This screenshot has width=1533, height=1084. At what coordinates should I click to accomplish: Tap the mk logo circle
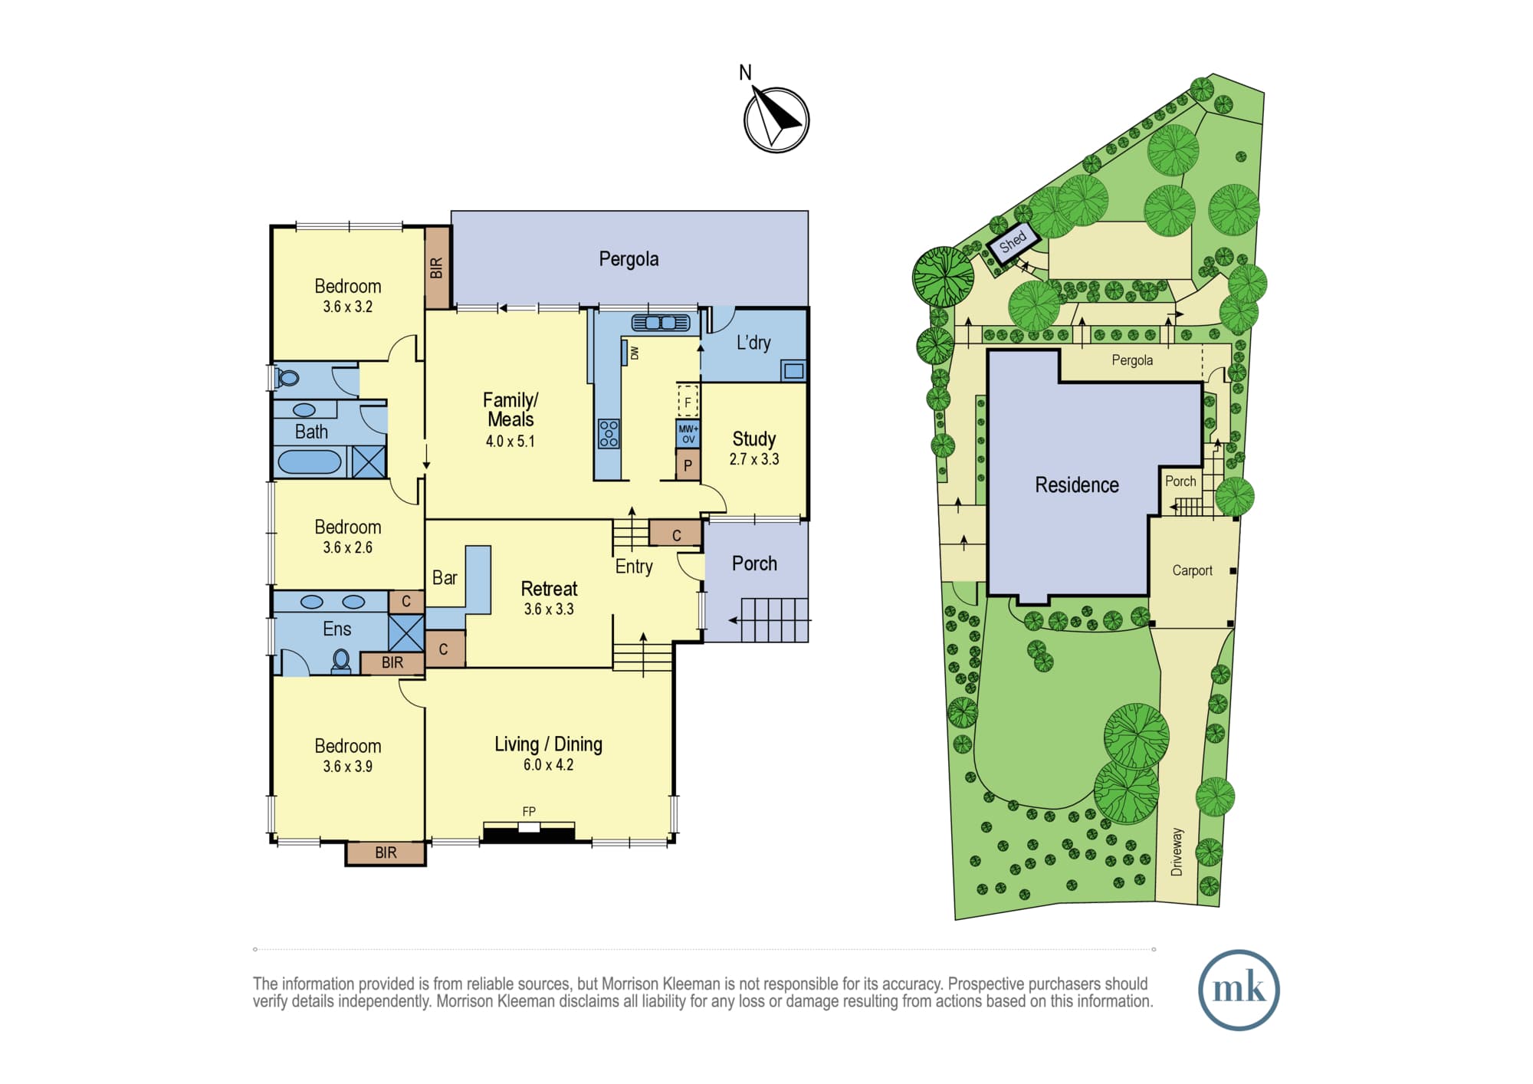point(1239,990)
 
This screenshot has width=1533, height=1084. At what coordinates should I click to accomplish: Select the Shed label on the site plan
point(1013,241)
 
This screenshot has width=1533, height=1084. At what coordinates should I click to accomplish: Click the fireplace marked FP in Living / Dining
point(529,831)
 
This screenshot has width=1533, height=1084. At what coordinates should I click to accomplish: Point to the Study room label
point(754,439)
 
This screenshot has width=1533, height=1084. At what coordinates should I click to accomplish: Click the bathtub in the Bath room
point(310,462)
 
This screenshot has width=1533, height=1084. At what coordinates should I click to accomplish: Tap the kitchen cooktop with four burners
point(609,433)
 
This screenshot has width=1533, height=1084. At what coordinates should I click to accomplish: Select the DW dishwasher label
point(635,353)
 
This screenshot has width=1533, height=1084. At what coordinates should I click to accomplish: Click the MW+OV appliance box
point(688,434)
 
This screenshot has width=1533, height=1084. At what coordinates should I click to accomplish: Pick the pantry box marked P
point(688,465)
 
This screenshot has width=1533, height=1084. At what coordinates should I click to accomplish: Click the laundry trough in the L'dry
point(794,371)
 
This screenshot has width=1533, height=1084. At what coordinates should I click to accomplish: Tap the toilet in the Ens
point(341,661)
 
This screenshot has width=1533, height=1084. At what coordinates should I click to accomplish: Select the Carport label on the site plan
point(1192,570)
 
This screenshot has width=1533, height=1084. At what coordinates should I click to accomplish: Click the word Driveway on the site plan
point(1177,852)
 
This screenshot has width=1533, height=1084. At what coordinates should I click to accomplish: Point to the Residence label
point(1077,485)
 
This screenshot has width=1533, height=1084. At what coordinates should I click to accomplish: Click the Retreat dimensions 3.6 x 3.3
point(549,609)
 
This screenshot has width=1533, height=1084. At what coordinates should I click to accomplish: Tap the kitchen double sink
point(661,323)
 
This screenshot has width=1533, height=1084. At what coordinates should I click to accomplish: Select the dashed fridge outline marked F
point(688,401)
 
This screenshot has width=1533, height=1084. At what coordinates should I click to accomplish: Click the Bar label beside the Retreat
point(445,578)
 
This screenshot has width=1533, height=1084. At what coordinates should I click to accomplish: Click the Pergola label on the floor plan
point(629,259)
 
